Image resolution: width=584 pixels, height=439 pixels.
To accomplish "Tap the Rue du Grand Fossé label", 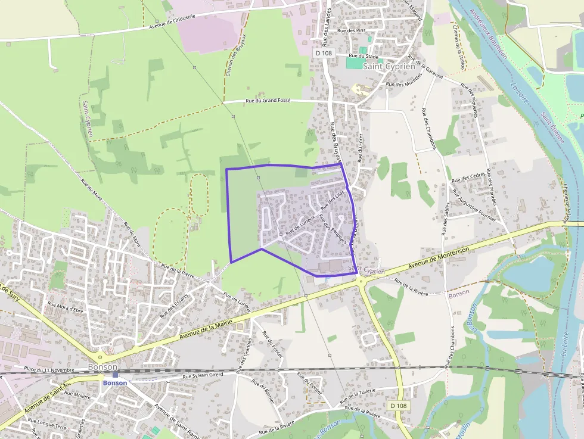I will (x=268, y=101).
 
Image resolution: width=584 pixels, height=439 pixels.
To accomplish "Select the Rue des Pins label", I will (x=351, y=30).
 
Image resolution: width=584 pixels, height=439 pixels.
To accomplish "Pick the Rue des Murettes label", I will (x=404, y=84).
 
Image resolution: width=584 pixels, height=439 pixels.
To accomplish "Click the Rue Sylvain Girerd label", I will (x=203, y=376).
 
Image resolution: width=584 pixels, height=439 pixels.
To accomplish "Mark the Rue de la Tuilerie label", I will (x=364, y=398).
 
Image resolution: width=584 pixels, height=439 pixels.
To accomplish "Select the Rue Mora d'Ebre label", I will (x=66, y=308).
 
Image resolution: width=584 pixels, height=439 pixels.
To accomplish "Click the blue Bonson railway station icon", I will (x=115, y=375).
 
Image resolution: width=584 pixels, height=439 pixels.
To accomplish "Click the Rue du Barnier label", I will (x=263, y=393).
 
